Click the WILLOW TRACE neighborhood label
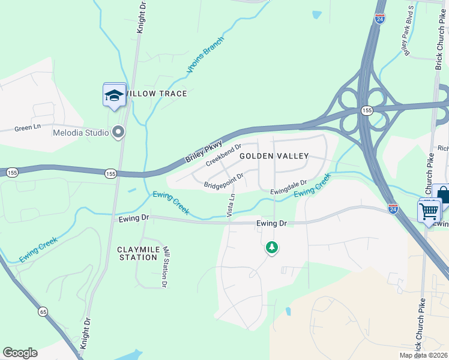coord(156,94)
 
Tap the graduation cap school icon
coord(114,95)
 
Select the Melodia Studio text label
coord(80,133)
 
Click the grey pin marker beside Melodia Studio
coord(119,132)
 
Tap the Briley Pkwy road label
coord(204,152)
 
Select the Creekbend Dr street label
coord(223,155)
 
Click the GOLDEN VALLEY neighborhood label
coord(274,156)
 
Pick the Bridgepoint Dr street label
coord(223,181)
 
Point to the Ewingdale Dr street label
coord(288,187)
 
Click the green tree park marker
coord(272,247)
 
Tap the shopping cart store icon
coord(429,211)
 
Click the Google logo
coord(20,353)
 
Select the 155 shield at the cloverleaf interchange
coord(366,111)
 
